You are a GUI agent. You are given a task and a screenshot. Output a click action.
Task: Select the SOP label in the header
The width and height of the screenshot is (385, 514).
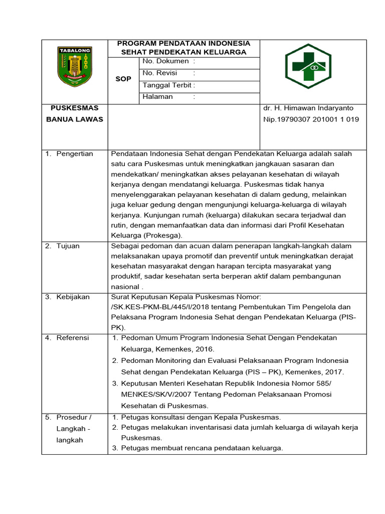123,79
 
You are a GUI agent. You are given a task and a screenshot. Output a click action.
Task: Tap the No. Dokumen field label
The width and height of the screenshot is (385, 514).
165,61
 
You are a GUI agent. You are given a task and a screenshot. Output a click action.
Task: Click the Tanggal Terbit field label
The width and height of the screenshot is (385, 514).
168,85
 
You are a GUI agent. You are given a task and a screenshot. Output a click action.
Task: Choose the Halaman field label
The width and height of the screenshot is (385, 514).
158,97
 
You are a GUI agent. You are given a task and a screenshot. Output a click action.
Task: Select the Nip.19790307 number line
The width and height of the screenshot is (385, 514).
311,119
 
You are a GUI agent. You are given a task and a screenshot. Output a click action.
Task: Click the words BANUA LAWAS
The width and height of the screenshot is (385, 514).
74,119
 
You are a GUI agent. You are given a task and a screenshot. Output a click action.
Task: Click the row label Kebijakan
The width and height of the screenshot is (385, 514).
73,297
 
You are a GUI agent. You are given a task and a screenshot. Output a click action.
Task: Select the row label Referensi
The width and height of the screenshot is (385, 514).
73,338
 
